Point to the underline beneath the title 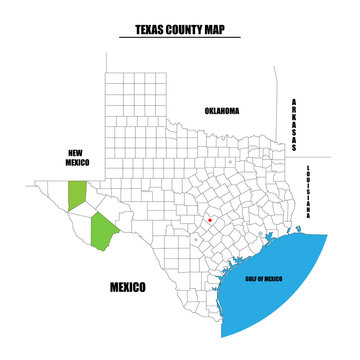pyautogui.click(x=180, y=38)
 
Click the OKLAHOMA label pyautogui.click(x=222, y=110)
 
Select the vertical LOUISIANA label pyautogui.click(x=311, y=191)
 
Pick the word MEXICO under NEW pyautogui.click(x=76, y=161)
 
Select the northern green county pyautogui.click(x=76, y=196)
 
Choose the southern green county pyautogui.click(x=103, y=231)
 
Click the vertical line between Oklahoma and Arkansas pyautogui.click(x=279, y=110)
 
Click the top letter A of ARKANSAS pyautogui.click(x=295, y=101)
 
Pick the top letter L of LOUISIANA pyautogui.click(x=311, y=166)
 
